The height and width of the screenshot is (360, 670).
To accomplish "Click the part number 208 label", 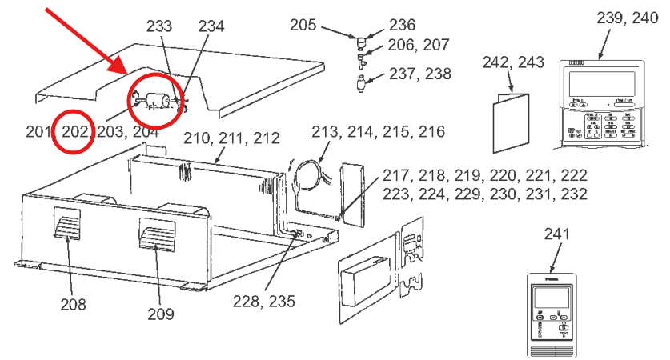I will coord(73,304).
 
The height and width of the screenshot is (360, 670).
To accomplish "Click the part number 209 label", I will coord(160,313).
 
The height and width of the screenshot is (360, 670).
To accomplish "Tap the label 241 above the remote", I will coord(556,234).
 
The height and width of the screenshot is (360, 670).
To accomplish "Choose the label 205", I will coord(303,26).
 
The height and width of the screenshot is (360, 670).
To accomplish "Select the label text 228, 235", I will coord(264,302).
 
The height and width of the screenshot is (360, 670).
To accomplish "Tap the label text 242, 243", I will coord(513,62).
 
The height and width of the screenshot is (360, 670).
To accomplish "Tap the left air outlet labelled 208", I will coord(67,222).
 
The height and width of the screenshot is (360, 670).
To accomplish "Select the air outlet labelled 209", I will coord(156,234).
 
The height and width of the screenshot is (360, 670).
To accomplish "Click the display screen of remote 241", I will coord(555,296).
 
